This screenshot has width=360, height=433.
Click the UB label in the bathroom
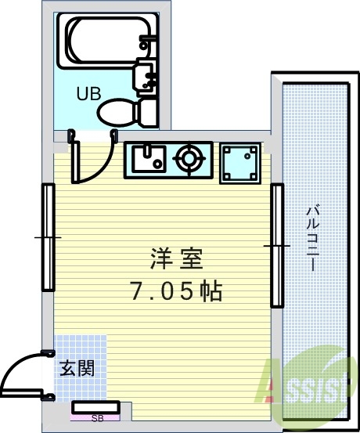[x=88, y=93]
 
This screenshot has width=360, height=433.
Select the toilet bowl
[x=116, y=113]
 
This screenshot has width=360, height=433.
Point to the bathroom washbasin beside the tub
[x=146, y=78]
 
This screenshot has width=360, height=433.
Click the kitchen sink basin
[x=149, y=159]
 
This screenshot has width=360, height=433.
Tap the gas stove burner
[x=189, y=158]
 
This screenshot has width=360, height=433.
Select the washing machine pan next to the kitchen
[x=240, y=163]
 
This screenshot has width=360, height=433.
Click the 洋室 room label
[x=177, y=258]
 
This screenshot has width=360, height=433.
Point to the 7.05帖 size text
[x=176, y=290]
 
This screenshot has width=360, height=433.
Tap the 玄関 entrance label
[x=77, y=368]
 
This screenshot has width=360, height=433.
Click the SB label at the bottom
[x=98, y=418]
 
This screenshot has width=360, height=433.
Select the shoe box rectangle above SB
[x=95, y=408]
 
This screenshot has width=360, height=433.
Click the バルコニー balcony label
[x=313, y=237]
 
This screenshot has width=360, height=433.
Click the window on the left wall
[x=49, y=237]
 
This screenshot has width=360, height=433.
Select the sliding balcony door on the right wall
[x=277, y=245]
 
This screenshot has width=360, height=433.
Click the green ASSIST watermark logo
[x=308, y=388]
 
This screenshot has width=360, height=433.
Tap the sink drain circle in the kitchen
[x=157, y=164]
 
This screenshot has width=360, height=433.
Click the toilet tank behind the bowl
[x=146, y=113]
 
